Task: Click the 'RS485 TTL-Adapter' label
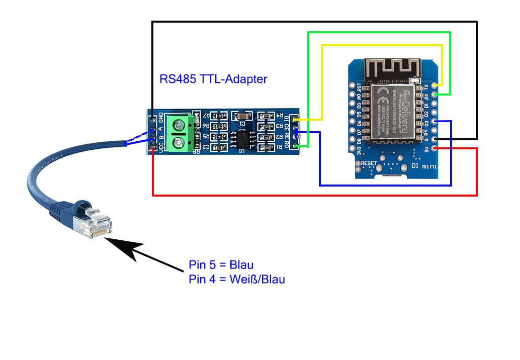(x=213, y=79)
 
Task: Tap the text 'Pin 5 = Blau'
(x=221, y=264)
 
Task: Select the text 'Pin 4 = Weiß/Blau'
(x=237, y=279)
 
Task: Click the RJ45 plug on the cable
(x=93, y=222)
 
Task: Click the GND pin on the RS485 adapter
(x=153, y=120)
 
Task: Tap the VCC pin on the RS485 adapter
(x=153, y=147)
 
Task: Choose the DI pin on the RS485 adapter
(x=295, y=120)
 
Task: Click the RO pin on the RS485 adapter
(x=295, y=146)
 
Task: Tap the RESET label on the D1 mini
(x=368, y=163)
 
